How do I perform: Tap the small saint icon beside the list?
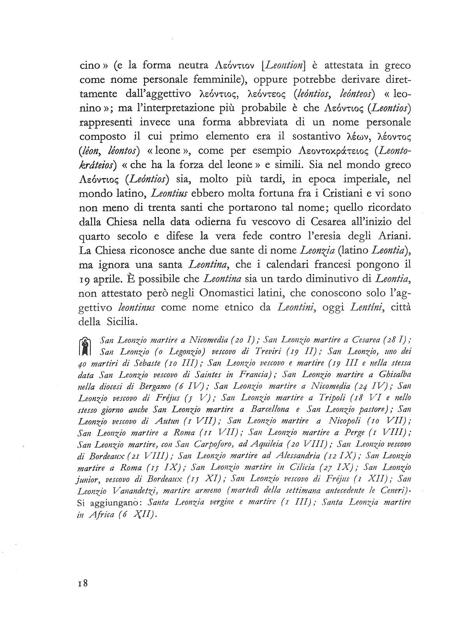click(86, 346)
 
